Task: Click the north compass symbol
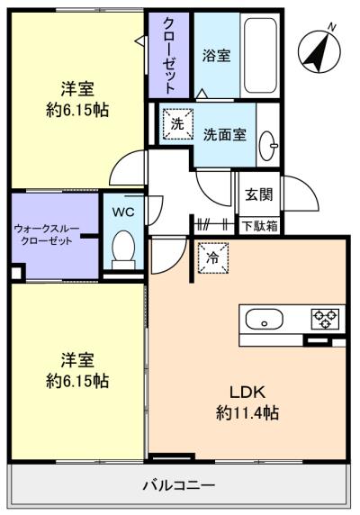(x=319, y=51)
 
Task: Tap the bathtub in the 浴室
(x=261, y=55)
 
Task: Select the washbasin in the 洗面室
(x=268, y=146)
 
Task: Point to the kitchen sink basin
(x=265, y=319)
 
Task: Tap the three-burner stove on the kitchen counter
(x=325, y=319)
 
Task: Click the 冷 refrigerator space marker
(x=213, y=257)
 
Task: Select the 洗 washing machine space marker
(x=177, y=124)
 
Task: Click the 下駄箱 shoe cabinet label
(x=259, y=226)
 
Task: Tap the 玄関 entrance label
(x=259, y=194)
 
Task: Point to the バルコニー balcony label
(x=179, y=485)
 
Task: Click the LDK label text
(x=247, y=392)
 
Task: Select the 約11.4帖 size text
(x=247, y=412)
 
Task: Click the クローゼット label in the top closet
(x=169, y=55)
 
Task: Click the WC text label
(x=123, y=212)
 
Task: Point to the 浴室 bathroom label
(x=216, y=55)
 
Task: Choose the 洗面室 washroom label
(x=224, y=134)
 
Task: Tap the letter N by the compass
(x=332, y=27)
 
